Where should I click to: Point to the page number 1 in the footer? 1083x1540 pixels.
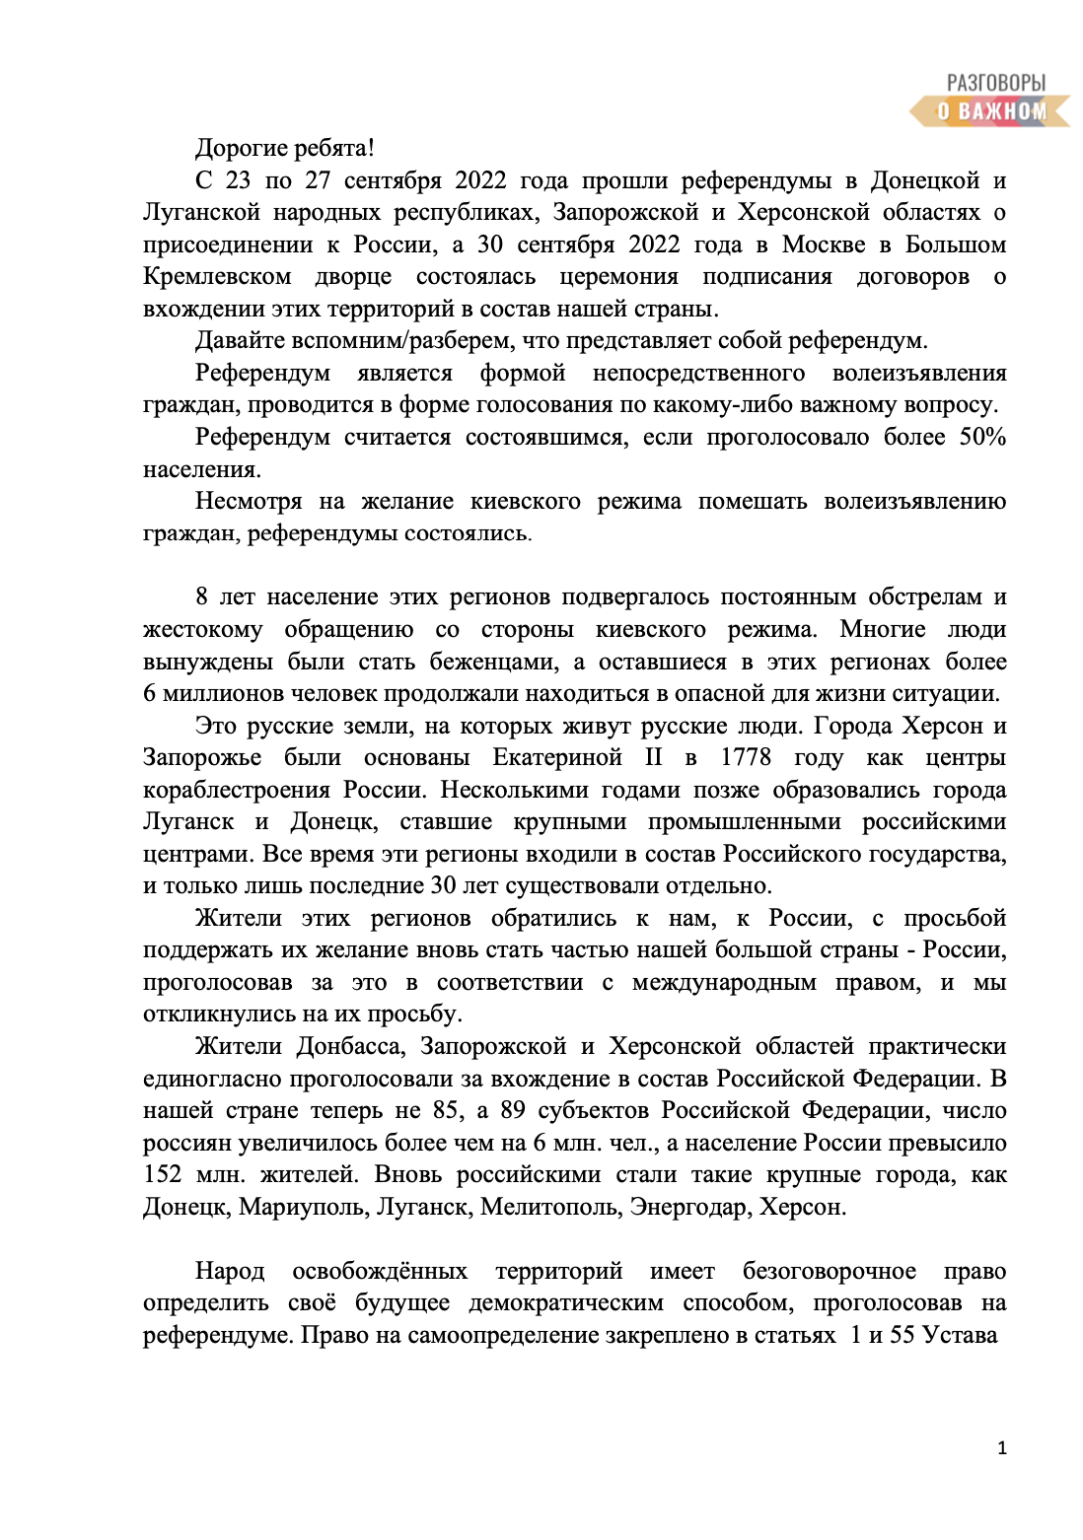(1002, 1447)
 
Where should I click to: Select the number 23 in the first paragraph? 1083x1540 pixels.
(238, 180)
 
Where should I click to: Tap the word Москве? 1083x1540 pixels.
(824, 245)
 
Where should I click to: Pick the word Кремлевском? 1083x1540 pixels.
(217, 276)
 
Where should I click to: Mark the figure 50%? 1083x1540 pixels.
(982, 437)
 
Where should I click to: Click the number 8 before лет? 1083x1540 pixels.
(201, 596)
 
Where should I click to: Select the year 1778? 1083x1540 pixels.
(746, 757)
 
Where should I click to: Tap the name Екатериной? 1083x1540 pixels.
(557, 757)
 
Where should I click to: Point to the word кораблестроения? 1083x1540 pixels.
(237, 790)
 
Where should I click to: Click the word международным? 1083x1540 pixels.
(724, 982)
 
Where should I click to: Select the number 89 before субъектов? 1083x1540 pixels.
(513, 1110)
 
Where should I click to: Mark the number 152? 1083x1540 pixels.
(163, 1174)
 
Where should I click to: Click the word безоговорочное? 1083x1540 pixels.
(829, 1271)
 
